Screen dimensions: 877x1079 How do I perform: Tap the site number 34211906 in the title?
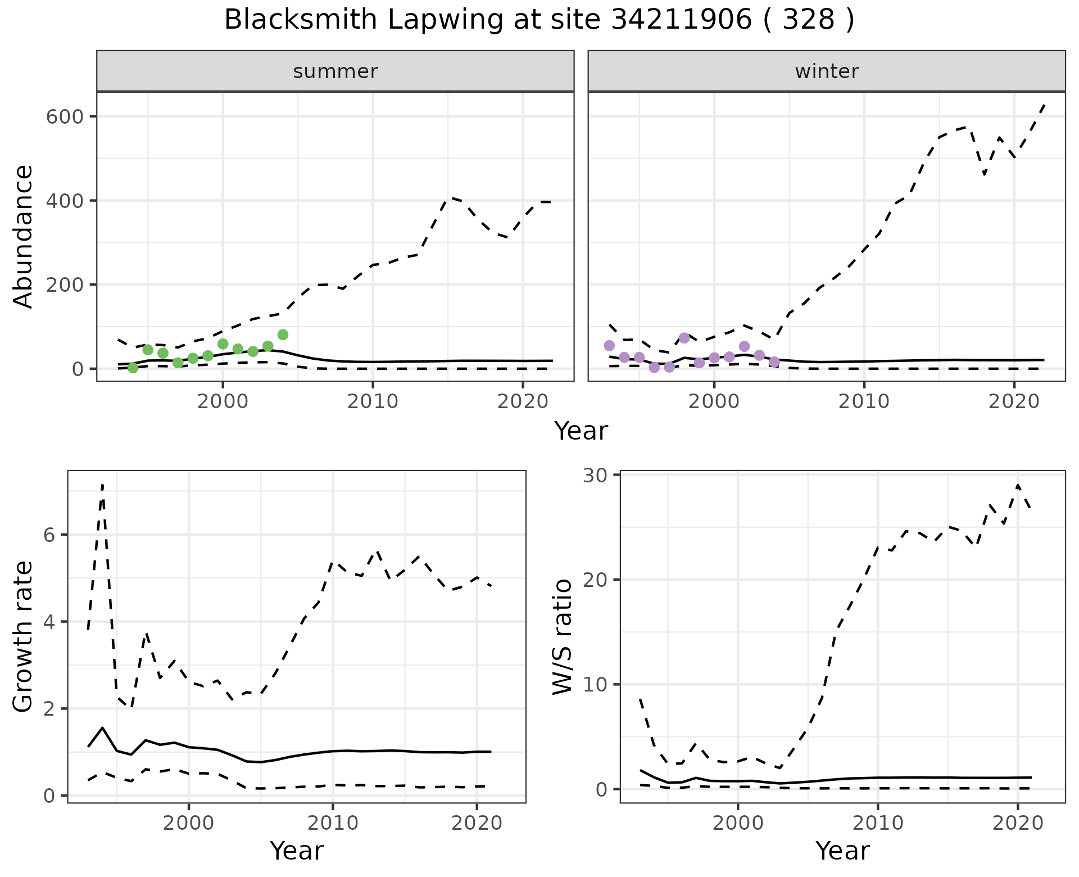pyautogui.click(x=681, y=20)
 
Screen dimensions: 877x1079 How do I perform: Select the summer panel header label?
pyautogui.click(x=336, y=71)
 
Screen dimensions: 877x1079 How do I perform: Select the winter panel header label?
pyautogui.click(x=827, y=71)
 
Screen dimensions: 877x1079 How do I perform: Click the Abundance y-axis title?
pyautogui.click(x=23, y=237)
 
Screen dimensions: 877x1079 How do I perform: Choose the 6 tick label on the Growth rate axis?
pyautogui.click(x=49, y=535)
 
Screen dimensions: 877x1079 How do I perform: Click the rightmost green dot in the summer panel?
pyautogui.click(x=283, y=334)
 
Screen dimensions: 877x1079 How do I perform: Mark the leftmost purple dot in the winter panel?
pyautogui.click(x=609, y=345)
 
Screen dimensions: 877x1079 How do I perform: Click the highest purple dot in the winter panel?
pyautogui.click(x=684, y=338)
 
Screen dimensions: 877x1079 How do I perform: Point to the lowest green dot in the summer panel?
pyautogui.click(x=133, y=368)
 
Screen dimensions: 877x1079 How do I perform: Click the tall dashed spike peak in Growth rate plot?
pyautogui.click(x=102, y=484)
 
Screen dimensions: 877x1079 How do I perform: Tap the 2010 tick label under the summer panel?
pyautogui.click(x=373, y=401)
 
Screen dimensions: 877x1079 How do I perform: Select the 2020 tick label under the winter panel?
pyautogui.click(x=1014, y=401)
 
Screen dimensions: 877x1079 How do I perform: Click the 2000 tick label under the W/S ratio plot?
pyautogui.click(x=738, y=823)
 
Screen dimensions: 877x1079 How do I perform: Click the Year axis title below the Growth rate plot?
pyautogui.click(x=297, y=851)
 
